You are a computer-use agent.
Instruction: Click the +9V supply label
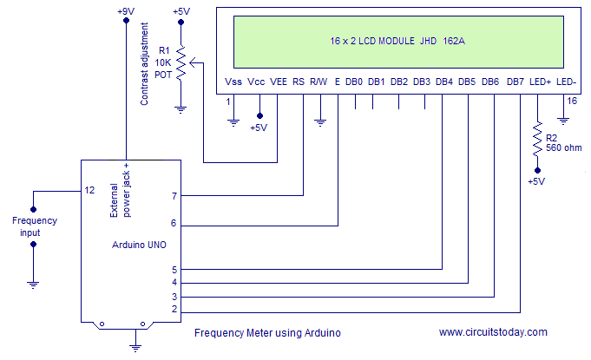pyautogui.click(x=126, y=11)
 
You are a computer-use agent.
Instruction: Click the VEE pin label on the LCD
pyautogui.click(x=279, y=82)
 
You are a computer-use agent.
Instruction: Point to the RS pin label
pyautogui.click(x=299, y=82)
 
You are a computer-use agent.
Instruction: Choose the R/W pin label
pyautogui.click(x=318, y=82)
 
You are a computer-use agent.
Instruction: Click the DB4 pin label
pyautogui.click(x=443, y=82)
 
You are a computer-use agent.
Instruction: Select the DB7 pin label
pyautogui.click(x=515, y=82)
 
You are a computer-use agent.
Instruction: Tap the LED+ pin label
pyautogui.click(x=540, y=82)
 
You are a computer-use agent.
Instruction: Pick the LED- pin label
pyautogui.click(x=566, y=82)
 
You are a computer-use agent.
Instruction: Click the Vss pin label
pyautogui.click(x=233, y=82)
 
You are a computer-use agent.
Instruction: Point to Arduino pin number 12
pyautogui.click(x=89, y=189)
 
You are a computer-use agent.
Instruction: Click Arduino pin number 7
pyautogui.click(x=174, y=196)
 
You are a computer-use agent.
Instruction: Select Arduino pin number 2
pyautogui.click(x=174, y=309)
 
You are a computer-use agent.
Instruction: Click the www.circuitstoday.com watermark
pyautogui.click(x=493, y=332)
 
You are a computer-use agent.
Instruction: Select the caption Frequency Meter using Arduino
pyautogui.click(x=267, y=333)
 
